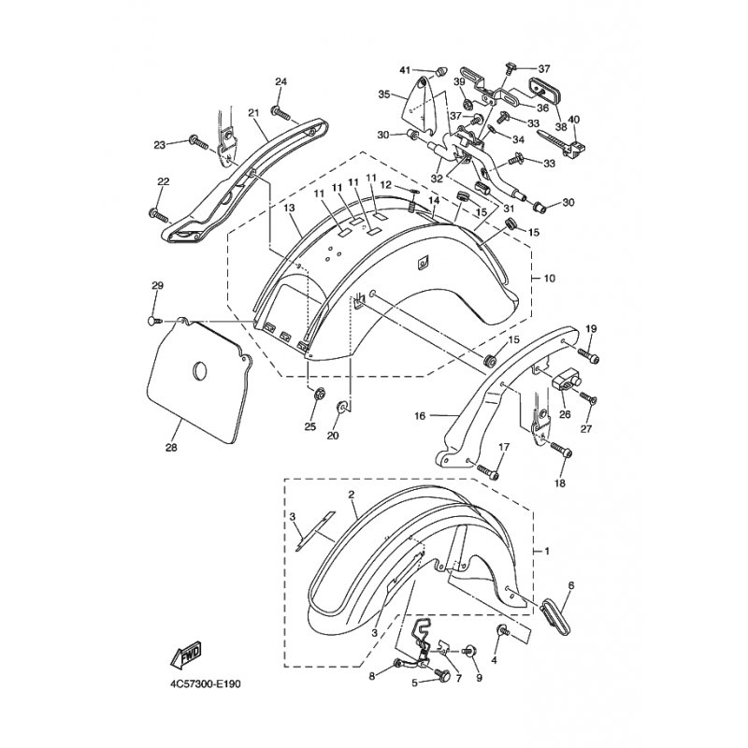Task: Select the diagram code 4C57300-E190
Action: click(x=206, y=684)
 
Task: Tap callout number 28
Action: click(x=171, y=448)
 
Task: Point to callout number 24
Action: click(x=281, y=82)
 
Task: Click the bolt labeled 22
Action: click(x=158, y=215)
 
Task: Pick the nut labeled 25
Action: click(x=317, y=395)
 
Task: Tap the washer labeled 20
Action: click(x=342, y=407)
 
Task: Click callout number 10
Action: click(x=550, y=278)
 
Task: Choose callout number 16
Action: click(x=420, y=416)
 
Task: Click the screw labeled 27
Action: click(x=589, y=398)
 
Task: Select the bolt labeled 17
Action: click(x=487, y=472)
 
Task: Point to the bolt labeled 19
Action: click(x=588, y=355)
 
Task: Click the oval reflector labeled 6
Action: click(x=554, y=619)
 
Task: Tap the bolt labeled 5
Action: click(x=442, y=674)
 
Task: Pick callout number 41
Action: click(x=405, y=71)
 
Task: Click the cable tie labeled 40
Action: click(x=562, y=140)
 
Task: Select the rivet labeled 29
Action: click(x=155, y=322)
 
